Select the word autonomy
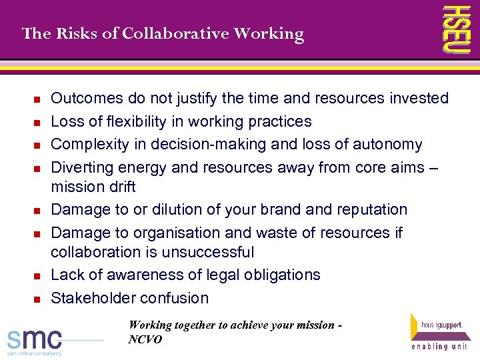coord(389,145)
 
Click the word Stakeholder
coord(89,298)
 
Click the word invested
coord(417,99)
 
